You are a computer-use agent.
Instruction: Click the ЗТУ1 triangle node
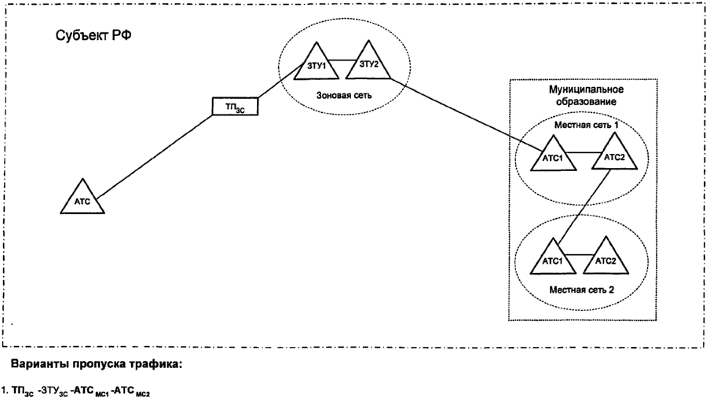(318, 64)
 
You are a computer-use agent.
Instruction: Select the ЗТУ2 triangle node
(368, 64)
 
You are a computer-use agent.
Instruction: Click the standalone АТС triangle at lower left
(82, 199)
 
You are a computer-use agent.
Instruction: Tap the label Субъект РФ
(87, 37)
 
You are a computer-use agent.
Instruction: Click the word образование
(582, 103)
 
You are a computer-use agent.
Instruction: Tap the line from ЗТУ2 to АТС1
(456, 105)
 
